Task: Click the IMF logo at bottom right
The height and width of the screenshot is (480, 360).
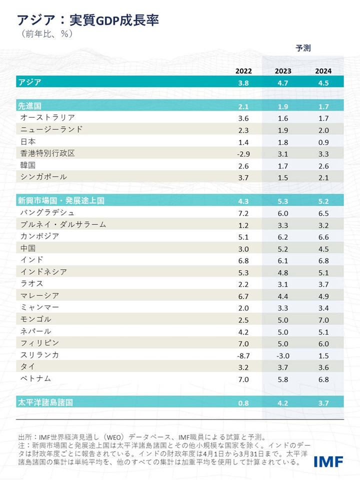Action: (328, 460)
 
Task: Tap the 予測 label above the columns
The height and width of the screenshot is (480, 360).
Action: (303, 48)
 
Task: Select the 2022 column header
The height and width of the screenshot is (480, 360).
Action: (243, 71)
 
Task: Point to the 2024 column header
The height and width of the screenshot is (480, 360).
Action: (323, 71)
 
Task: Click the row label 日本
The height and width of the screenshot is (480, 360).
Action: (28, 141)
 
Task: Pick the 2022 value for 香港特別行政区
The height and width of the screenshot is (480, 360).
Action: (243, 153)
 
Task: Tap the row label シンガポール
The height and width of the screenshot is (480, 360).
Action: (43, 177)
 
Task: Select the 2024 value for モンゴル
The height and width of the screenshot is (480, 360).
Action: (323, 319)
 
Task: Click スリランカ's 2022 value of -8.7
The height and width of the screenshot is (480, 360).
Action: (243, 355)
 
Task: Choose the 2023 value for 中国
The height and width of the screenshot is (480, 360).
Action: (283, 248)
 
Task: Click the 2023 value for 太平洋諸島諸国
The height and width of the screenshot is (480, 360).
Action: (283, 402)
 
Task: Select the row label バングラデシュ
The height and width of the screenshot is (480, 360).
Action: (47, 213)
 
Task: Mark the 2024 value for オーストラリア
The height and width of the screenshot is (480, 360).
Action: (323, 118)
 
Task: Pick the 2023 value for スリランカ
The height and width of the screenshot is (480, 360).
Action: (283, 355)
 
